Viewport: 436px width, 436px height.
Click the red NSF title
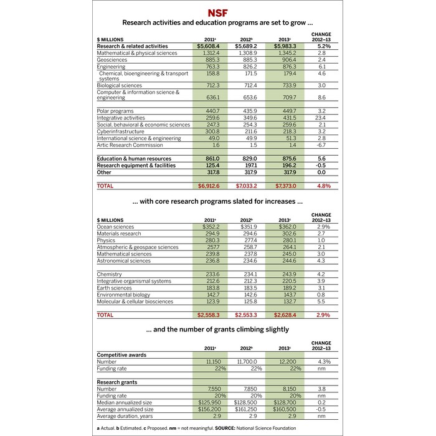[x=218, y=12]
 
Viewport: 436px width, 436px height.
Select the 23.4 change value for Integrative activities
[x=321, y=118]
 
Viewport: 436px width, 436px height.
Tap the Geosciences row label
[x=112, y=60]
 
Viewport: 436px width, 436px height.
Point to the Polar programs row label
[x=117, y=111]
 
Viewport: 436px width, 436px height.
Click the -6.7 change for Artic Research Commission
[x=321, y=145]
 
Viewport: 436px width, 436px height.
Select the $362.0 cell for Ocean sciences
[x=285, y=227]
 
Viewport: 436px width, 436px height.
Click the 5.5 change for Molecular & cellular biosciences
[x=321, y=301]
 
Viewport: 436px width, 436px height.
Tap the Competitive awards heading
[x=123, y=354]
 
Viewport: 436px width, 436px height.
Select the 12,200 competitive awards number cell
[x=284, y=361]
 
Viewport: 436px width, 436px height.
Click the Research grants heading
[x=117, y=382]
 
